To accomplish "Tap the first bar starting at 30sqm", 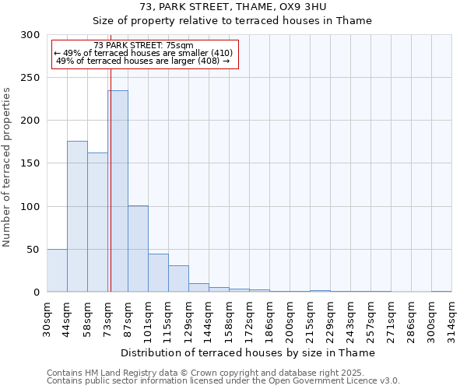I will tap(57, 271).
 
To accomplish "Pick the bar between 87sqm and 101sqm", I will tap(138, 249).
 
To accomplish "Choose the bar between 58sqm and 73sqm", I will tap(97, 223).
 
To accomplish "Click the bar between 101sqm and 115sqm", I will tap(158, 273).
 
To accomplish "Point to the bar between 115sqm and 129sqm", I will tap(178, 279).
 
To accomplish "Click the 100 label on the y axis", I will tap(30, 206).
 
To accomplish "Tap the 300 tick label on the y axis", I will tap(30, 35).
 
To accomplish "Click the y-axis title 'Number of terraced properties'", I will tap(7, 166).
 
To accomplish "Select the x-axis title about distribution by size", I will tap(249, 353).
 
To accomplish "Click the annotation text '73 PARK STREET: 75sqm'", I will tap(143, 46).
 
